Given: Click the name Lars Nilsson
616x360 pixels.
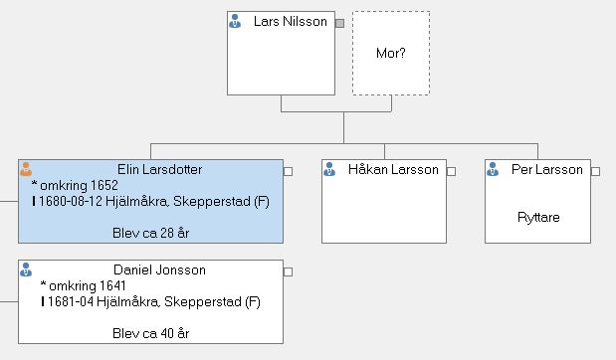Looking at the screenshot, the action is [x=291, y=21].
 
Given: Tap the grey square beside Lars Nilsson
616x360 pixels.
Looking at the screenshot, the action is [x=339, y=23].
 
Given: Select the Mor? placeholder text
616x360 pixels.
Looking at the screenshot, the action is [x=391, y=53].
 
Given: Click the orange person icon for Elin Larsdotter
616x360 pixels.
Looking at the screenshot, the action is [x=26, y=169].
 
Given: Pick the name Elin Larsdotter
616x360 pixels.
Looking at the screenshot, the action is [x=160, y=170].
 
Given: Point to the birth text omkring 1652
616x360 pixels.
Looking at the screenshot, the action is [x=79, y=185].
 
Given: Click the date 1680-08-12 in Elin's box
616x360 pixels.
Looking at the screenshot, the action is [x=71, y=202].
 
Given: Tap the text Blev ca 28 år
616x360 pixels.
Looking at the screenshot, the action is [x=151, y=233].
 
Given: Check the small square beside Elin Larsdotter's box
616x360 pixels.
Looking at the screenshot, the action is [x=288, y=172].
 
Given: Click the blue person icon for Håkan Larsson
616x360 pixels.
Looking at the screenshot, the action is [x=329, y=169].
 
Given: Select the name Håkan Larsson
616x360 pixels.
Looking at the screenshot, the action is [x=393, y=170].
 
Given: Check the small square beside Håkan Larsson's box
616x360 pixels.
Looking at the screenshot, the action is [x=452, y=172].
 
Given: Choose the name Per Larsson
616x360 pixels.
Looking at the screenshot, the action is [x=547, y=170].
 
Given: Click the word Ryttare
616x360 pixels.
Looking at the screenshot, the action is [x=538, y=217].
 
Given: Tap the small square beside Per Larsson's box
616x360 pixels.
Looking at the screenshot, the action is [x=595, y=172].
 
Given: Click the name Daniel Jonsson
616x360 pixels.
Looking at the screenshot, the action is [x=159, y=270].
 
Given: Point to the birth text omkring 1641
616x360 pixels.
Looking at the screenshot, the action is [x=88, y=285].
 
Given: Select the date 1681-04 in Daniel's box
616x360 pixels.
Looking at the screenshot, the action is [x=71, y=302].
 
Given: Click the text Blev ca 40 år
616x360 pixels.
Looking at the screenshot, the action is [x=151, y=334].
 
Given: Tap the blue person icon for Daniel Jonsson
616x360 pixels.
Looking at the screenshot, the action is [x=26, y=270].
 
